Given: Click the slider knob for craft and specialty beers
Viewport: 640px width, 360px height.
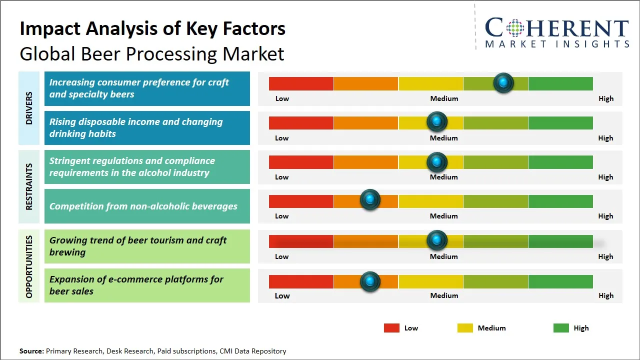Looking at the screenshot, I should click(503, 82).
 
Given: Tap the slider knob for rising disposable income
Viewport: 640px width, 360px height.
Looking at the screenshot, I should click(437, 122).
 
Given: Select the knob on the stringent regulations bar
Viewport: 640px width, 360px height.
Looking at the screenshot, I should click(437, 162).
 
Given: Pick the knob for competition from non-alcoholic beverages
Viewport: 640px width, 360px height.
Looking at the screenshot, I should click(370, 200).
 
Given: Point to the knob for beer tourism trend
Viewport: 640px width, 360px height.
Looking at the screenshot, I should click(437, 240).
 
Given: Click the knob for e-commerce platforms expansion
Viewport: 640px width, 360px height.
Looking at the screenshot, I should click(370, 281).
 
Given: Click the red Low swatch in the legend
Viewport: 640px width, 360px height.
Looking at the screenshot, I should click(391, 328).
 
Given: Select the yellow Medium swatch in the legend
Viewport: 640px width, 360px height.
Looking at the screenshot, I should click(465, 328).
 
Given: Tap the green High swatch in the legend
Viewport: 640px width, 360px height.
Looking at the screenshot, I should click(561, 328).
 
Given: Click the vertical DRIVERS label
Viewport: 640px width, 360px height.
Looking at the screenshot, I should click(29, 108).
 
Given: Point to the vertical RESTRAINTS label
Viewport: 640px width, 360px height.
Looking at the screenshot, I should click(29, 186).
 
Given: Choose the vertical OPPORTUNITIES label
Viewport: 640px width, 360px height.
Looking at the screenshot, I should click(29, 266).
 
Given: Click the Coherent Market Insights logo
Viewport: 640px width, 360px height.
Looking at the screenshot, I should click(557, 32).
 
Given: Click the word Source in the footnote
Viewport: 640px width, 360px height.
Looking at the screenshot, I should click(31, 351).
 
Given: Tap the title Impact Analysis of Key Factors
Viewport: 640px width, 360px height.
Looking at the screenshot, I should click(152, 28).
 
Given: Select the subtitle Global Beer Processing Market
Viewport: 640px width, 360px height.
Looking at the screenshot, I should click(152, 53).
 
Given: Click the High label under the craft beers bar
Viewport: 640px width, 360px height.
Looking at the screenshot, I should click(606, 98).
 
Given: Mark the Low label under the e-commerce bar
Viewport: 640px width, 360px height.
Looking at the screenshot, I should click(282, 295).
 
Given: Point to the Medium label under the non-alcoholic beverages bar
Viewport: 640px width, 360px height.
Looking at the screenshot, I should click(444, 216).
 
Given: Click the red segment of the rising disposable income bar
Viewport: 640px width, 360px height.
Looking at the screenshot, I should click(301, 123).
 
